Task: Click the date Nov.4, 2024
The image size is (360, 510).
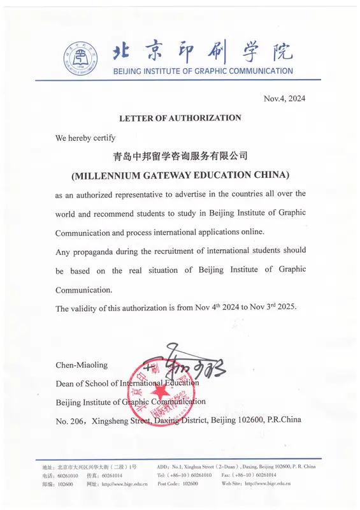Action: (285, 98)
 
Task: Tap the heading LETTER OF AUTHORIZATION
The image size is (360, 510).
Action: (180, 118)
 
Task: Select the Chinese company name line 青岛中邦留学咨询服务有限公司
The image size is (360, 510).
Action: (180, 156)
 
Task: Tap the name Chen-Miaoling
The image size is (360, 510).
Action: (82, 365)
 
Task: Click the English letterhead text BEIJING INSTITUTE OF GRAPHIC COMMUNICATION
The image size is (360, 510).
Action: (203, 71)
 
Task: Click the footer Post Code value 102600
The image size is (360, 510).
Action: (191, 484)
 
